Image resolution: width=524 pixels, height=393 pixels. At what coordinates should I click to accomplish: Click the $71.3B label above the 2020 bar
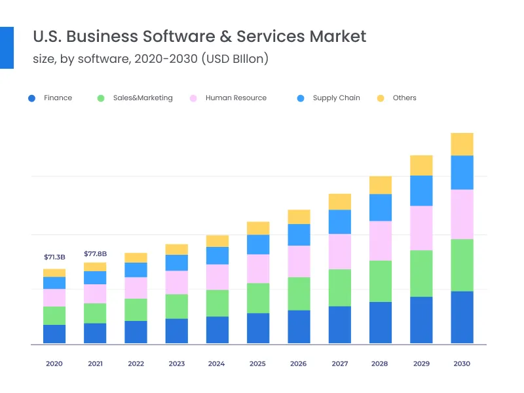[54, 257]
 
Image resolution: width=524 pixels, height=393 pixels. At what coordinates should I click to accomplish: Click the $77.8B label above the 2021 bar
[95, 253]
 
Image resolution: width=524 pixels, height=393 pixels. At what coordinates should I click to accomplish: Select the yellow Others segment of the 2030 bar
[462, 144]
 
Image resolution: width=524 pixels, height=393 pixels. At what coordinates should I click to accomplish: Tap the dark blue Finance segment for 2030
[462, 317]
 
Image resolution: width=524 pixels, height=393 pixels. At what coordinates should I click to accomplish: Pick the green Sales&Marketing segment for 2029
[421, 273]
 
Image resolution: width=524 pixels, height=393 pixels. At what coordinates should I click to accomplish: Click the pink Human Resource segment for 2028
[381, 240]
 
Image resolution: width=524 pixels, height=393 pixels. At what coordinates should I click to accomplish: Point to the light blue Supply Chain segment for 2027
[340, 222]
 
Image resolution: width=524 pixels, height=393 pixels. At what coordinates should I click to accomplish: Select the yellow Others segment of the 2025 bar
[258, 228]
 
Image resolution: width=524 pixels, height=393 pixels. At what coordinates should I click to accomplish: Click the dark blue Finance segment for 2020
[54, 334]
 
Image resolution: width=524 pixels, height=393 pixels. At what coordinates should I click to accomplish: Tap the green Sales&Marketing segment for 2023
[177, 306]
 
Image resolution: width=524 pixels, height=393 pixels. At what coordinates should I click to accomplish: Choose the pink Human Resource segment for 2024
[217, 277]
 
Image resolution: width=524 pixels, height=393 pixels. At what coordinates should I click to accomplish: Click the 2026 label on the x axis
[299, 364]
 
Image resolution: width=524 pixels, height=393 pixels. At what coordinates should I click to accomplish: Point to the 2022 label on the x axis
[136, 364]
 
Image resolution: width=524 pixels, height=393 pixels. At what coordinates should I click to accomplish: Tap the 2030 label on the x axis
[462, 364]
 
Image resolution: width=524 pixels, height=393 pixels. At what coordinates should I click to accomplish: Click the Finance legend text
[58, 98]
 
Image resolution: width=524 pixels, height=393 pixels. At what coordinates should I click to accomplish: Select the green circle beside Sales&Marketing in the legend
[100, 98]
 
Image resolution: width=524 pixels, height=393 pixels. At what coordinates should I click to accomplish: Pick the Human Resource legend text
[236, 98]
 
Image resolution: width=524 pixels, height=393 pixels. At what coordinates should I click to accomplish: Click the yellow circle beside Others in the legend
[380, 98]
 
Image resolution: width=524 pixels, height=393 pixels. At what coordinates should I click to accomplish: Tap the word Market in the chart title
[337, 35]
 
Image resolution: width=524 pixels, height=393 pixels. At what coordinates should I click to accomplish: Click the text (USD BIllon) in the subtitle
[235, 59]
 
